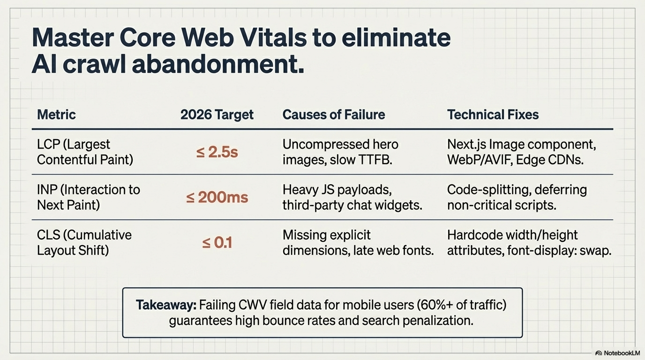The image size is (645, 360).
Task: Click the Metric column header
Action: click(x=56, y=114)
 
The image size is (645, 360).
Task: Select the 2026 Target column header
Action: click(x=217, y=114)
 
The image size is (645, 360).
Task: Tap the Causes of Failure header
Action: click(x=333, y=114)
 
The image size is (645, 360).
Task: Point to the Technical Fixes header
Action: click(x=493, y=114)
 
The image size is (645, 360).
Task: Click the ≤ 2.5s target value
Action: click(x=217, y=152)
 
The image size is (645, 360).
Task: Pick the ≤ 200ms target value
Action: click(x=217, y=197)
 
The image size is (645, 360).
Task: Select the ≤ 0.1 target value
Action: click(x=217, y=243)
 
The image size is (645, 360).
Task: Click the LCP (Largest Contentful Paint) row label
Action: click(x=85, y=152)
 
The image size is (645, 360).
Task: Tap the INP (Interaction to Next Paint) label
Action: click(x=88, y=197)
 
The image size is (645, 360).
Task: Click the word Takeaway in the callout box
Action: click(x=166, y=305)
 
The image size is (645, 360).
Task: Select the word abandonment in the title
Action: click(x=217, y=64)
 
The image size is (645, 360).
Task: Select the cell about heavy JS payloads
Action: click(x=352, y=197)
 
